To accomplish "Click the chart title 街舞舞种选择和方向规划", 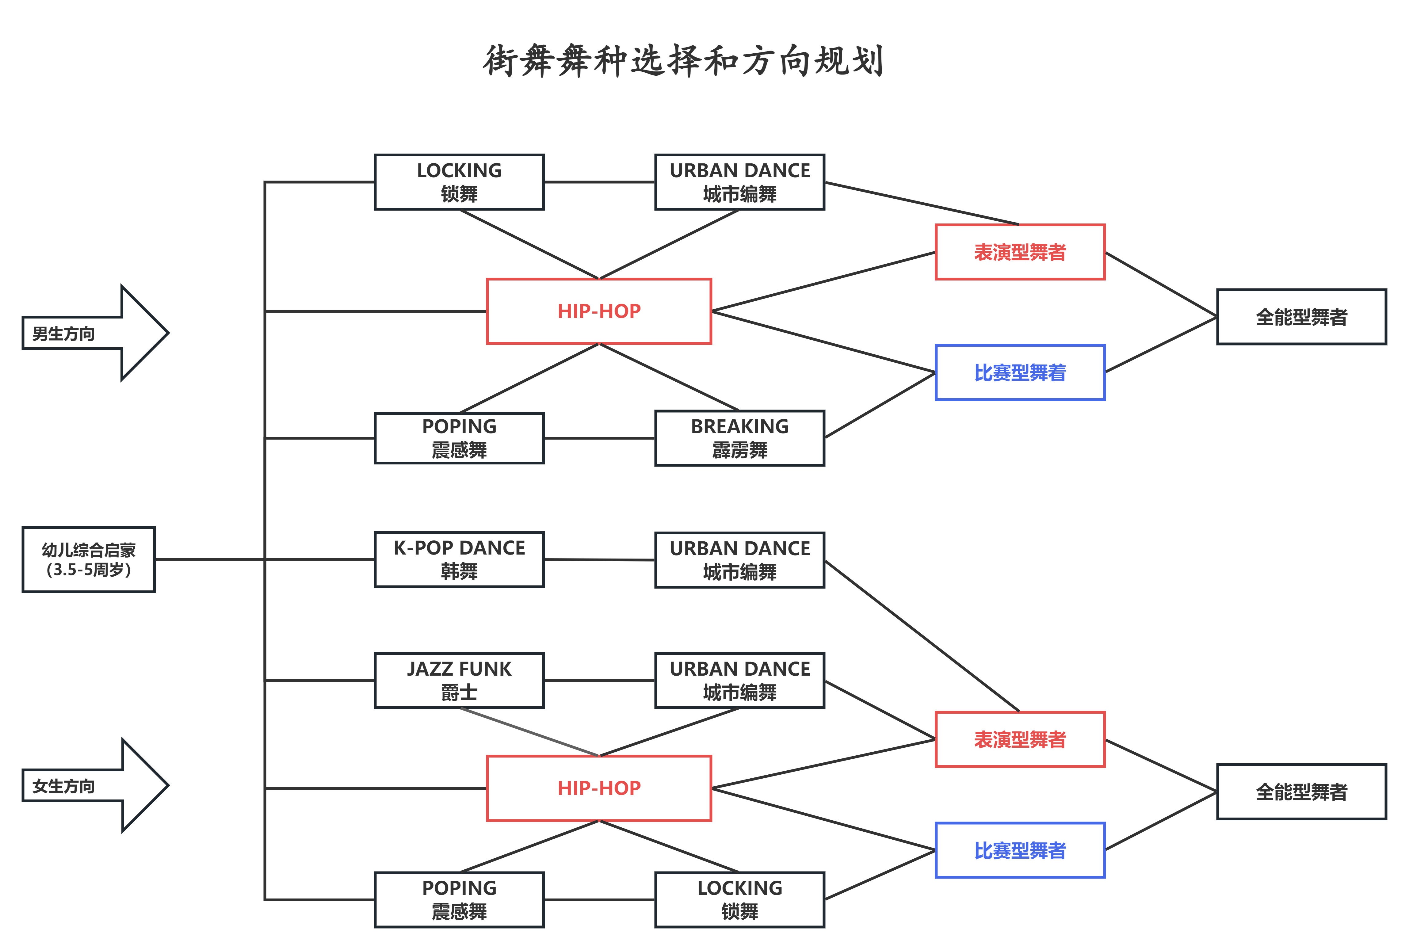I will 683,61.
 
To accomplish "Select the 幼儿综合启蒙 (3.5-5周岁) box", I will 88,559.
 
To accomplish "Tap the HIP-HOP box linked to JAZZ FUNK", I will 598,788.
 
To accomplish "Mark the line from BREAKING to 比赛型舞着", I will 880,405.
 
